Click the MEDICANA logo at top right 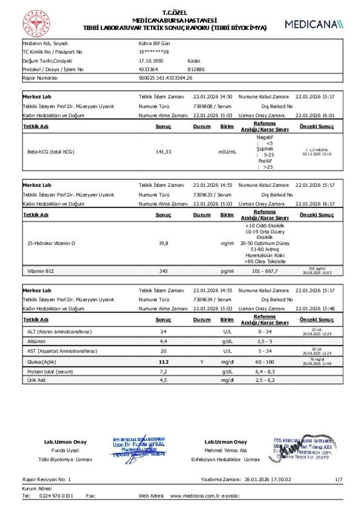tap(313, 24)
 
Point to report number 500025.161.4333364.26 tap(165, 78)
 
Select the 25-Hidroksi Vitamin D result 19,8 tap(163, 243)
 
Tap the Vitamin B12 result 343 tap(163, 271)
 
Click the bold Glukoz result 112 tap(163, 361)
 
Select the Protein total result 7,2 tap(163, 371)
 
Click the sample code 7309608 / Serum tap(212, 105)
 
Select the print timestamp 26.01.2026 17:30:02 tap(268, 478)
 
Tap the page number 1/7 tap(338, 478)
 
